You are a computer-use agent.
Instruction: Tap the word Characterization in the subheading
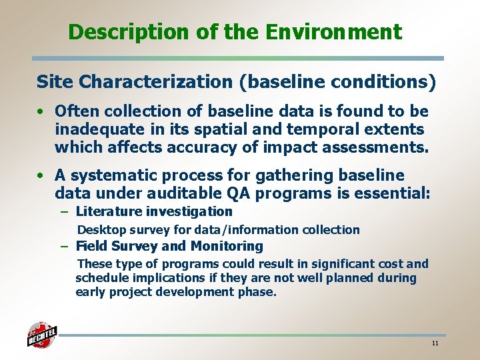pyautogui.click(x=155, y=82)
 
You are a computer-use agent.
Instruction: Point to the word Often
pyautogui.click(x=76, y=111)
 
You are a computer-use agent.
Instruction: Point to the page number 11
pyautogui.click(x=435, y=343)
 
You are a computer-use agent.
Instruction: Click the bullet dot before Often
pyautogui.click(x=41, y=111)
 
